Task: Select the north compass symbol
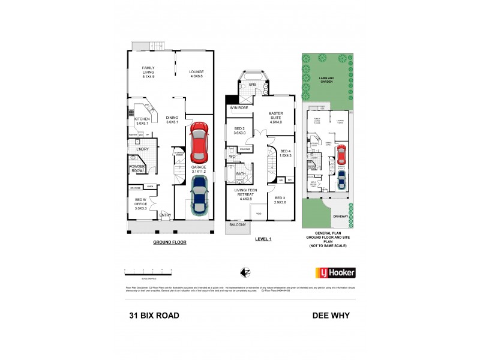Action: pyautogui.click(x=244, y=273)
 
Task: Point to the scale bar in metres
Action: pyautogui.click(x=155, y=272)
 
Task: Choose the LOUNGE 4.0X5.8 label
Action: pyautogui.click(x=197, y=73)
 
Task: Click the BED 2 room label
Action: pyautogui.click(x=239, y=131)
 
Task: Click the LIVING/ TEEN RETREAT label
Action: pyautogui.click(x=244, y=196)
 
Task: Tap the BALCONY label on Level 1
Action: pyautogui.click(x=238, y=224)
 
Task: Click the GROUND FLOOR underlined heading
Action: pyautogui.click(x=169, y=242)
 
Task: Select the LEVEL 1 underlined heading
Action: pyautogui.click(x=263, y=239)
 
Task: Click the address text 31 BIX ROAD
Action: pyautogui.click(x=154, y=314)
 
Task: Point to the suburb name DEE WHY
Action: pyautogui.click(x=331, y=314)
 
